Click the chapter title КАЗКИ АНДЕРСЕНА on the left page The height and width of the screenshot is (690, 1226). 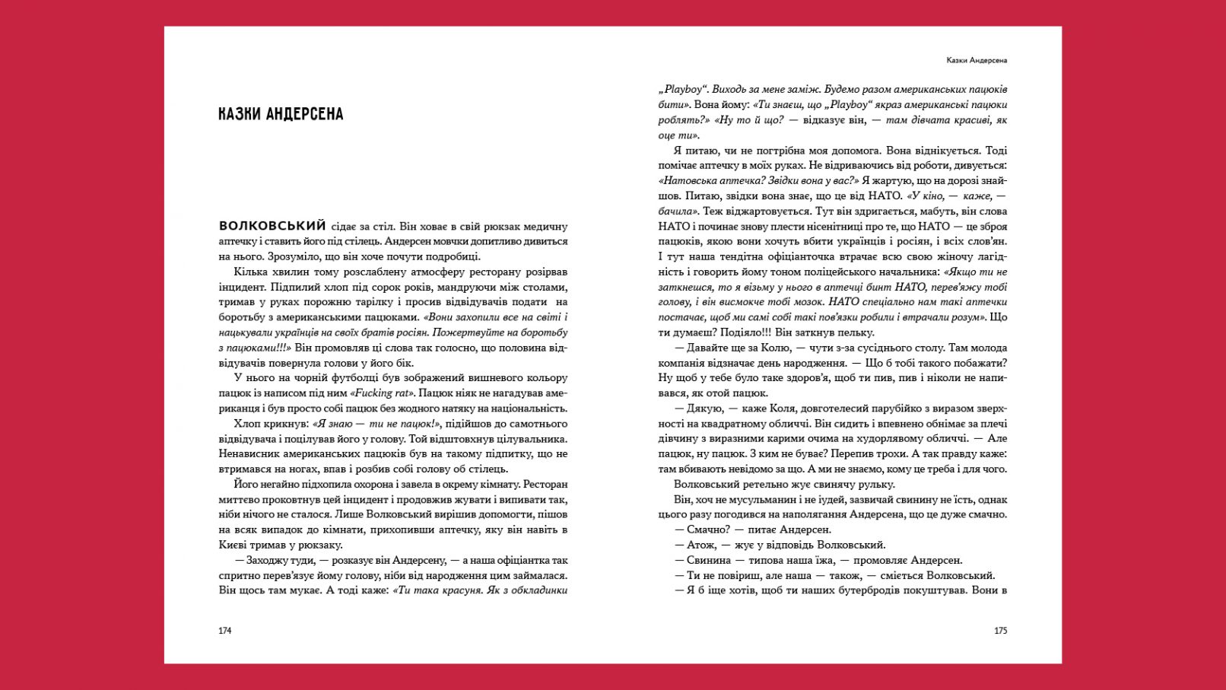point(281,114)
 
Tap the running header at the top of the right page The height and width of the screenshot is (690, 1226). point(977,60)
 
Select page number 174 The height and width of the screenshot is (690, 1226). point(224,631)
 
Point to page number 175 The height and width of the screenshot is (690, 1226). point(1000,631)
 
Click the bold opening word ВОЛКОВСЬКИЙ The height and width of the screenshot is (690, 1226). point(272,226)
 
